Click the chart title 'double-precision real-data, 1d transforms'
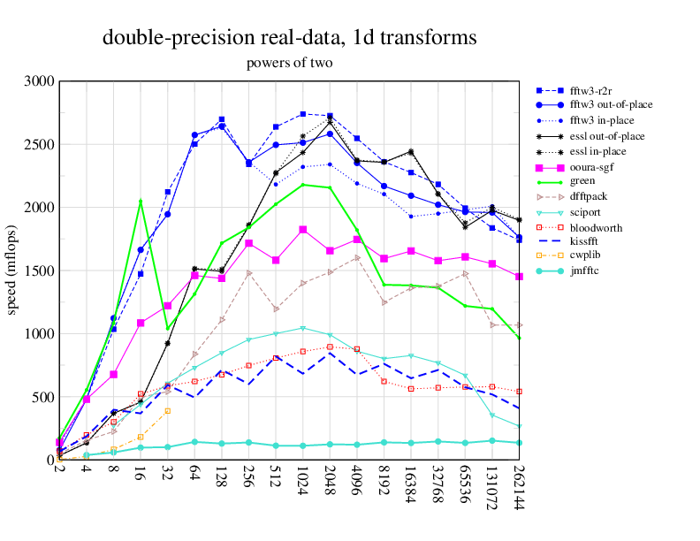pyautogui.click(x=290, y=38)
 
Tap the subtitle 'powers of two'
pyautogui.click(x=290, y=64)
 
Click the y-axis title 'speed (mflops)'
pyautogui.click(x=12, y=270)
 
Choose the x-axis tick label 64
pyautogui.click(x=194, y=475)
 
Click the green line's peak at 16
pyautogui.click(x=141, y=201)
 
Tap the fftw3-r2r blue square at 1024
pyautogui.click(x=303, y=114)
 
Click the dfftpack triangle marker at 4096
pyautogui.click(x=357, y=257)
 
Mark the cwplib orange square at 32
pyautogui.click(x=167, y=410)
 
